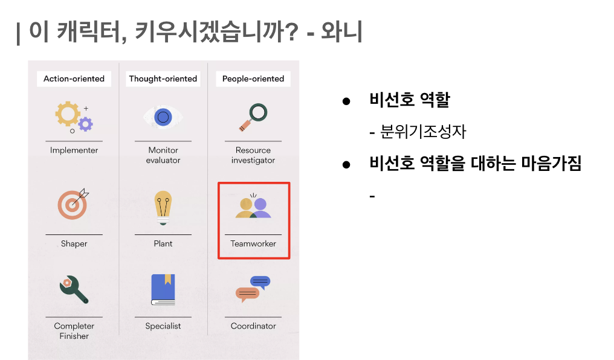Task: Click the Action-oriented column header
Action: pos(74,79)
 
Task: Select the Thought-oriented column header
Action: pos(163,79)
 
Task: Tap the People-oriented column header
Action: pos(253,79)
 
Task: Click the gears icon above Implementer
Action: pos(74,117)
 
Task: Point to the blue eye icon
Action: pos(163,117)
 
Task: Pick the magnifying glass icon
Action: pos(253,117)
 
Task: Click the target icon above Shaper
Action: pos(74,204)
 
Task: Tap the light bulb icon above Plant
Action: pos(163,206)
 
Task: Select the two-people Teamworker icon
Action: pos(253,207)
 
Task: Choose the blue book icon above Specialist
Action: pos(163,288)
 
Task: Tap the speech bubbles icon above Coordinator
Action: pos(253,289)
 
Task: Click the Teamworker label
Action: pos(253,243)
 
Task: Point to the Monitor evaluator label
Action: pos(163,155)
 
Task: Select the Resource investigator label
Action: pos(253,155)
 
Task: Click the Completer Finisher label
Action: pos(74,330)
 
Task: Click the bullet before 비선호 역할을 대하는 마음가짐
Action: pos(346,164)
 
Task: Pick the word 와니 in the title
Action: pos(342,32)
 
